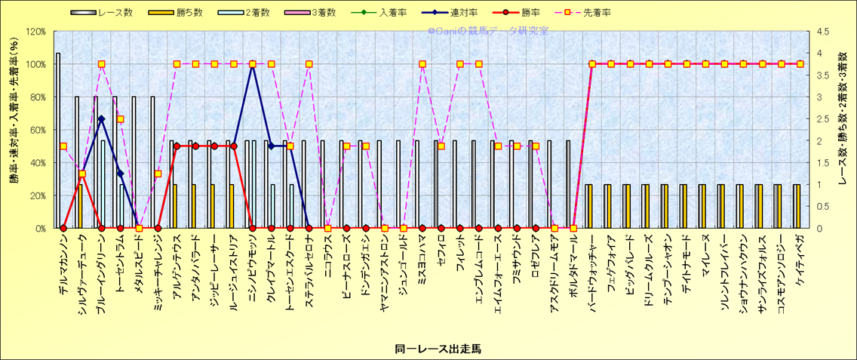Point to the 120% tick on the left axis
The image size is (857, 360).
[x=35, y=32]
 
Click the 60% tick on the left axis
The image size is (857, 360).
[x=37, y=130]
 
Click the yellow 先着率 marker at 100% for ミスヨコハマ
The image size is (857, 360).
[x=422, y=64]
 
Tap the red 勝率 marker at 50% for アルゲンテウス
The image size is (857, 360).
[x=177, y=146]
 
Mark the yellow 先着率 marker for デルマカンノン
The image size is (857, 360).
[x=63, y=146]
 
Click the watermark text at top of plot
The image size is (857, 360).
[x=488, y=32]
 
